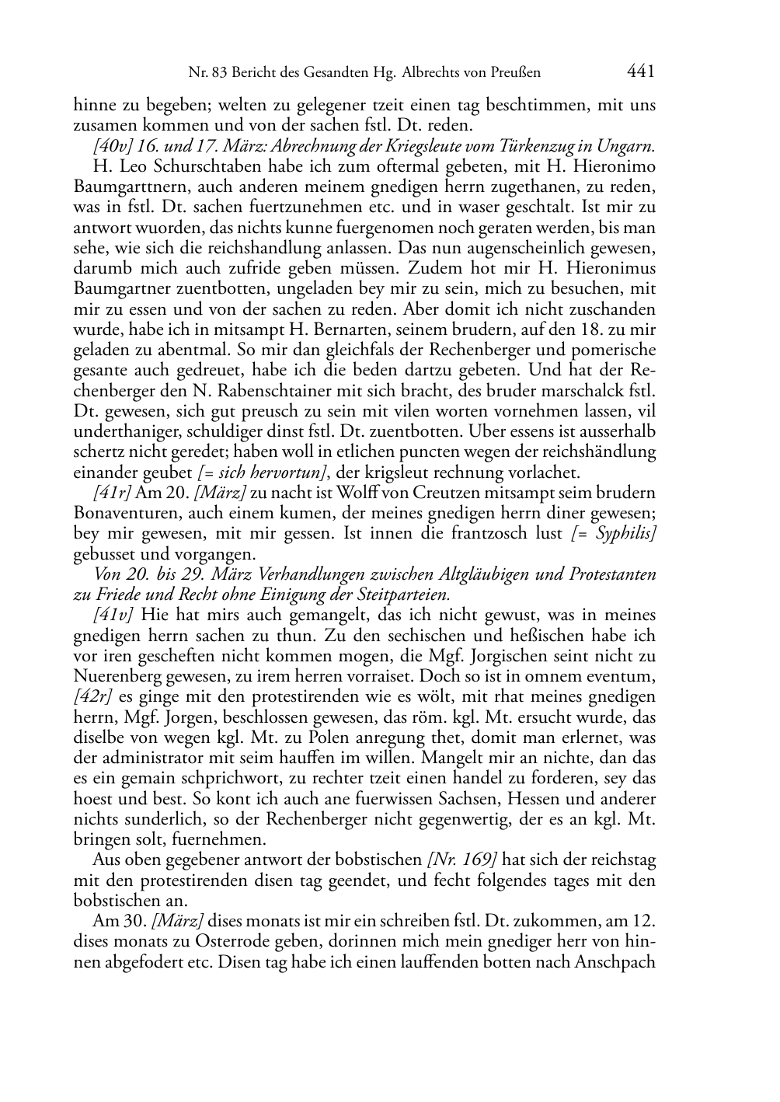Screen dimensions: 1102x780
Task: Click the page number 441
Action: point(639,72)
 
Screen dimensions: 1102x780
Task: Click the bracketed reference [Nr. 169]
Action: point(461,860)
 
